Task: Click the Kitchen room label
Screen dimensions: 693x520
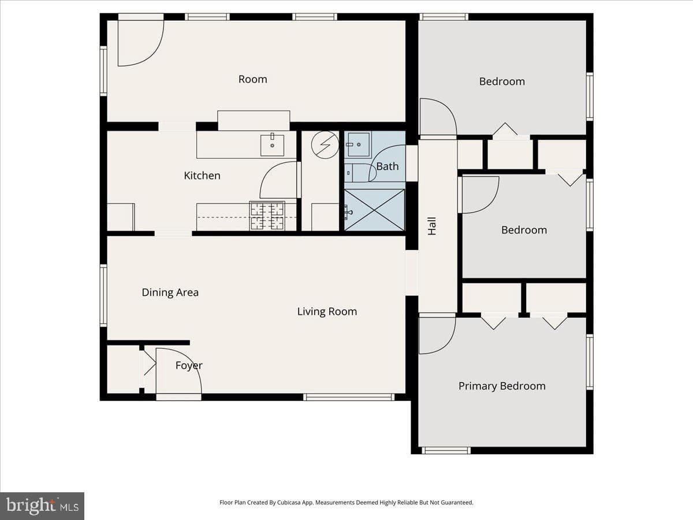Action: pyautogui.click(x=202, y=176)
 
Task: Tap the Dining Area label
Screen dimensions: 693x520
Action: pyautogui.click(x=170, y=292)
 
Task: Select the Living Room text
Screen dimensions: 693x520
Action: pyautogui.click(x=327, y=311)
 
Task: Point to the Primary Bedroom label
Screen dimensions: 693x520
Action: pyautogui.click(x=502, y=386)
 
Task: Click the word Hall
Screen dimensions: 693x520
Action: pyautogui.click(x=432, y=226)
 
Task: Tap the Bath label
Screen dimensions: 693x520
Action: pyautogui.click(x=388, y=166)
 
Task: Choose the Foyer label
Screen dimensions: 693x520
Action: pyautogui.click(x=189, y=365)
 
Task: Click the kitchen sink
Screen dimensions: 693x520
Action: pyautogui.click(x=272, y=145)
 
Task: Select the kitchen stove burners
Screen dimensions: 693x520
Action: pyautogui.click(x=267, y=216)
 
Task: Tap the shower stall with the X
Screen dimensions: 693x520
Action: pyautogui.click(x=374, y=210)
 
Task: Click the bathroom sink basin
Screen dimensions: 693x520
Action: pyautogui.click(x=359, y=144)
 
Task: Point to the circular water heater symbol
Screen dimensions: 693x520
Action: pyautogui.click(x=325, y=144)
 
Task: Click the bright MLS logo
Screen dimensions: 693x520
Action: pyautogui.click(x=42, y=506)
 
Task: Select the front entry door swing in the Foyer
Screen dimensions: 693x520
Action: pyautogui.click(x=178, y=371)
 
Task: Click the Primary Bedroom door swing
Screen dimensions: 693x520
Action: pyautogui.click(x=437, y=336)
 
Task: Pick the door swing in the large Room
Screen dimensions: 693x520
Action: pyautogui.click(x=141, y=43)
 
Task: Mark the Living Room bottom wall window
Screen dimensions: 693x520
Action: pyautogui.click(x=349, y=397)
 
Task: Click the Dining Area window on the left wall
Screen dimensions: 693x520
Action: pyautogui.click(x=103, y=295)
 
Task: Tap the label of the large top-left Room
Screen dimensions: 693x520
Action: pyautogui.click(x=252, y=79)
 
